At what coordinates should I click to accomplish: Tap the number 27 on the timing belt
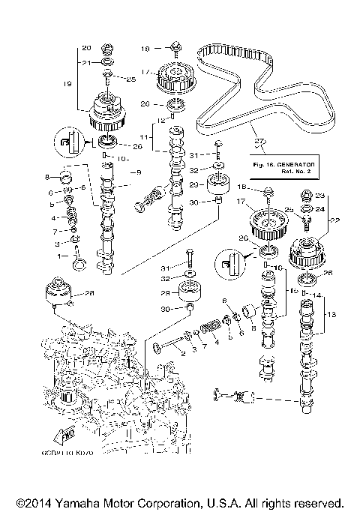click(x=260, y=141)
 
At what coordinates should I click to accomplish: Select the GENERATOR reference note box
click(x=282, y=165)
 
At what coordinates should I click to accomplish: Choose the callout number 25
click(x=131, y=79)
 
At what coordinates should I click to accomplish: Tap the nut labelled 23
click(x=305, y=198)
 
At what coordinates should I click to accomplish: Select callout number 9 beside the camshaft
click(x=136, y=172)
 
